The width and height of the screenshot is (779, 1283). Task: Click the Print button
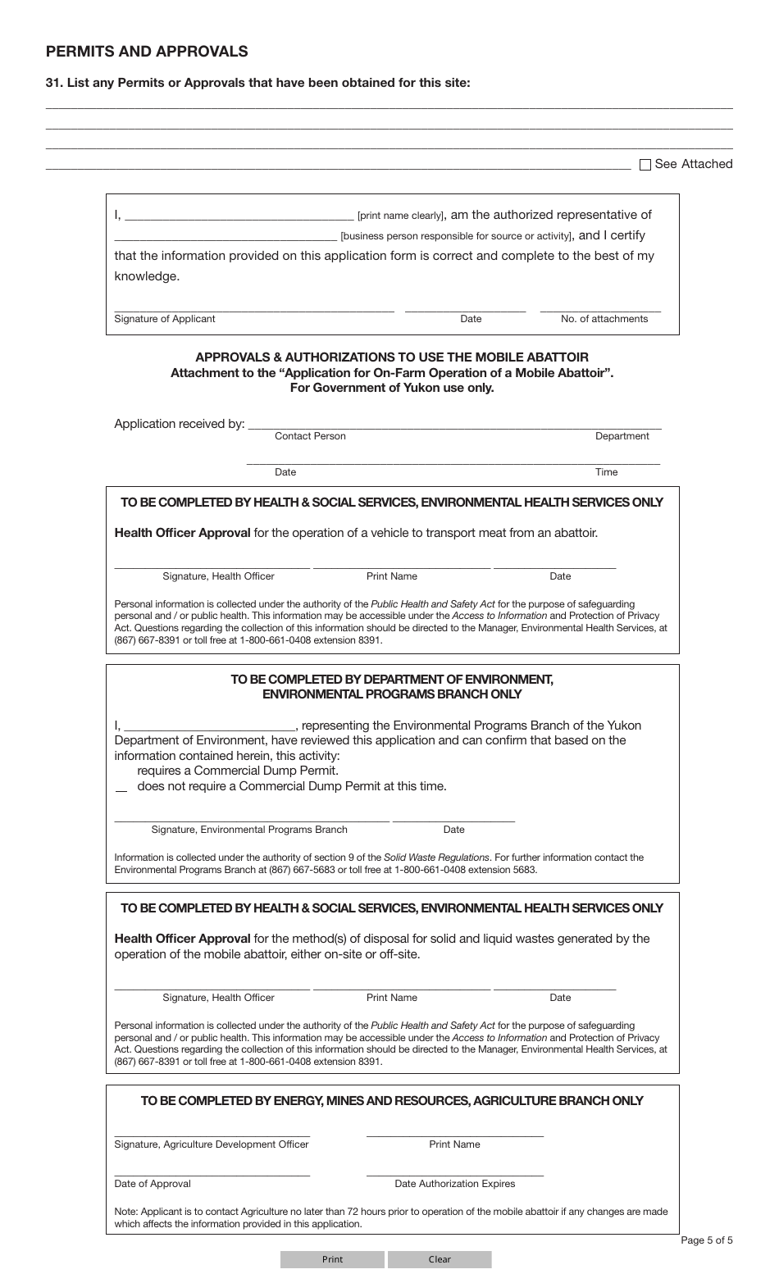tap(332, 1259)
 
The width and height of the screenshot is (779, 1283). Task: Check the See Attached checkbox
tap(645, 165)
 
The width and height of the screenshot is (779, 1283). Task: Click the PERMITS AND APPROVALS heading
tap(147, 52)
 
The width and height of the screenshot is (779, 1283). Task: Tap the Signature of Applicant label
tap(165, 319)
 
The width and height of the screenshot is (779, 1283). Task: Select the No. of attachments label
tap(604, 319)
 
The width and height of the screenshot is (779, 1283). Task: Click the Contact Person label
tap(310, 436)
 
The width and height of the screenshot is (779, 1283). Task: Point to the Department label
tap(622, 436)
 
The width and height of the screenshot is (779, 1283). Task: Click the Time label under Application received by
tap(606, 472)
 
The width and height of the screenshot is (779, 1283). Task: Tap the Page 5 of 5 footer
tap(707, 1240)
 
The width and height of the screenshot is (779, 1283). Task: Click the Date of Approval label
tap(153, 1184)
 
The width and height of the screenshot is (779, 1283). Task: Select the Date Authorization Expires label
tap(454, 1184)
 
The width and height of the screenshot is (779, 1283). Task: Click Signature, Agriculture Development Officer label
tap(212, 1144)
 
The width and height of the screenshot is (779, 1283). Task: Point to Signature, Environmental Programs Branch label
tap(249, 830)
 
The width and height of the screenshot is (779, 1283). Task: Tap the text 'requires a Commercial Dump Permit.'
tap(237, 771)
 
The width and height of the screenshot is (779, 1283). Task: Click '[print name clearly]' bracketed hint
tap(401, 216)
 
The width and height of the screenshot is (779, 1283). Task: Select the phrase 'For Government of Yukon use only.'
tap(392, 388)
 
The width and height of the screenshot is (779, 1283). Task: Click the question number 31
tap(54, 83)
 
